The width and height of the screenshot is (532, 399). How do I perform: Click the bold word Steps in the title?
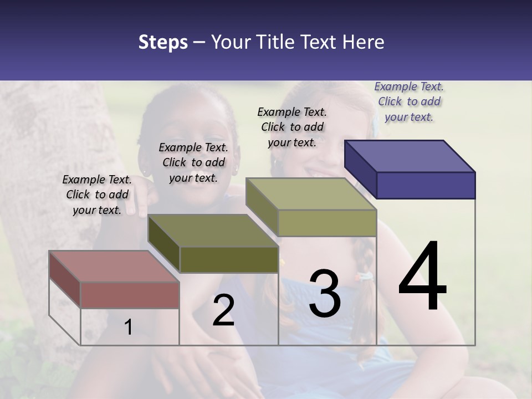pos(163,42)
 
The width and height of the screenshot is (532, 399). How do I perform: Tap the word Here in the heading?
pos(363,42)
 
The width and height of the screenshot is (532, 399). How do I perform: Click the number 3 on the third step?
pos(325,294)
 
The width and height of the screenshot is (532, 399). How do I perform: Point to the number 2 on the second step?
pos(223,310)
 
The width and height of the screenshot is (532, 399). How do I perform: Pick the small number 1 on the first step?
pos(128,328)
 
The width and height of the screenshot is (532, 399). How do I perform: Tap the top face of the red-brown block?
pos(114,266)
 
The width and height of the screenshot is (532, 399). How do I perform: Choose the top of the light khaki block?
pos(311,194)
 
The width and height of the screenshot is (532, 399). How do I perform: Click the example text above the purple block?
pos(409,102)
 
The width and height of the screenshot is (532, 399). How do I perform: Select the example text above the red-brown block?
pos(97,195)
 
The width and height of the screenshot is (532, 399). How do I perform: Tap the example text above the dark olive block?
pos(193,163)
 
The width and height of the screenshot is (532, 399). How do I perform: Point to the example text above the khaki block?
pos(292,127)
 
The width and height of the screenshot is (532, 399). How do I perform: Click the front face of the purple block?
pos(426,185)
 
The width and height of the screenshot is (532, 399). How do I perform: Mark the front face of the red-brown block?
pos(130,295)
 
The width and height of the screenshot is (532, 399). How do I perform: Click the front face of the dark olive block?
pos(228,259)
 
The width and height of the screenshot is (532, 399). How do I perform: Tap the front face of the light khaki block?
pos(327,223)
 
